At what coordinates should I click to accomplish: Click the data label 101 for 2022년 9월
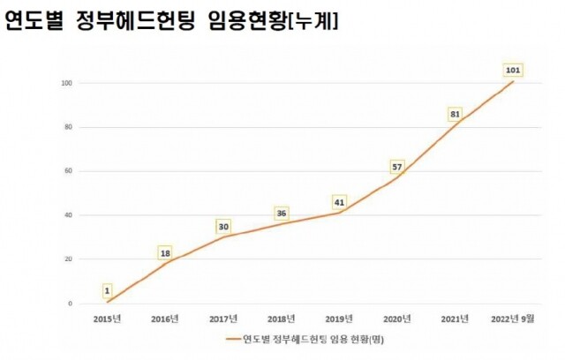coord(512,69)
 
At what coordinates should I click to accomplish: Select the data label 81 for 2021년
coord(455,114)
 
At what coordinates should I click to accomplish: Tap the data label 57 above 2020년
coord(397,167)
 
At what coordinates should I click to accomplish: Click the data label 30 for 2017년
coord(223,226)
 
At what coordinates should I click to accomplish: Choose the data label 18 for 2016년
coord(165,253)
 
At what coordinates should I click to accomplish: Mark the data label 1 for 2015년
coord(107,290)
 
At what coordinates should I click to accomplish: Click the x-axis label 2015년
coord(107,319)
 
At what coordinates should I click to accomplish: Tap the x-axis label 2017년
coord(223,319)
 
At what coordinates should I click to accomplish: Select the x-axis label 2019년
coord(339,319)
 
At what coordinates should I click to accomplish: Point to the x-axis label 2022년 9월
coord(512,319)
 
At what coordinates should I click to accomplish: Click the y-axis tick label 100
coord(66,83)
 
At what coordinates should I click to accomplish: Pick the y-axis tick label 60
coord(68,171)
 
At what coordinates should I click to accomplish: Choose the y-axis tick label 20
coord(68,259)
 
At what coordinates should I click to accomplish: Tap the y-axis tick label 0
coord(70,304)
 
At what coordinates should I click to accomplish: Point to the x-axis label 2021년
coord(455,319)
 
